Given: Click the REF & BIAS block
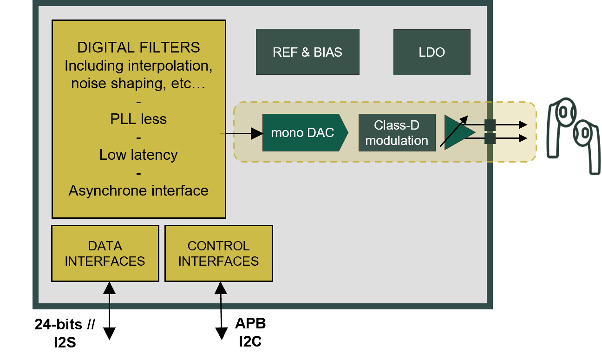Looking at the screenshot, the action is point(308,52).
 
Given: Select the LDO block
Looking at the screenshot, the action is point(432,52).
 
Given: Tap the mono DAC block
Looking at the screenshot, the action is point(305,133).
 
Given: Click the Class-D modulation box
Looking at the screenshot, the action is point(397,133).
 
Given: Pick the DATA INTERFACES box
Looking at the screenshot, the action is point(105,254).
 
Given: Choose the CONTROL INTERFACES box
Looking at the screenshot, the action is point(219,254).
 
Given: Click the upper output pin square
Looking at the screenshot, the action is point(490,125).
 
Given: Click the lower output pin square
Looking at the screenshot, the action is point(490,138).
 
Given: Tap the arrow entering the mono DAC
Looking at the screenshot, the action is point(242,133).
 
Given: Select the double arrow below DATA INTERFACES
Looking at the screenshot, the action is point(109,311).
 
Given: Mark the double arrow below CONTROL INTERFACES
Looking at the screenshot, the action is point(221,311).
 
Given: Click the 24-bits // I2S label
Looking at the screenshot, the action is point(65,333).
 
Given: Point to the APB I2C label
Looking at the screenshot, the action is point(250,332).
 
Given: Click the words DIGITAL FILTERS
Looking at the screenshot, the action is point(138,47).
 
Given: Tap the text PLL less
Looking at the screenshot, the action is point(138,119).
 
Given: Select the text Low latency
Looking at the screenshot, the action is point(138,155).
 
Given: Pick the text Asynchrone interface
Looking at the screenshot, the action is point(138,190).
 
